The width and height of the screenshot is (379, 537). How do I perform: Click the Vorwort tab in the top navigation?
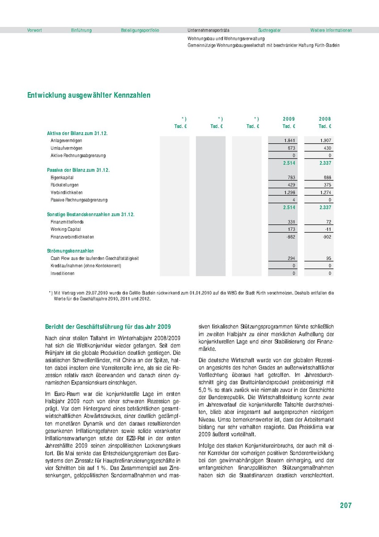click(x=34, y=30)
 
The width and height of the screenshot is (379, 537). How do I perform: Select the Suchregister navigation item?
click(x=270, y=30)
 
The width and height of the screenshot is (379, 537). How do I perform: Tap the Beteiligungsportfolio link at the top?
click(x=140, y=30)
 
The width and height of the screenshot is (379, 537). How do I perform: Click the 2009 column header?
click(x=289, y=119)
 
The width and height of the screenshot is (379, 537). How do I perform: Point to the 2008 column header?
click(x=325, y=119)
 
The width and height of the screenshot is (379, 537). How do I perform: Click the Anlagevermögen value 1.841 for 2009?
click(x=289, y=141)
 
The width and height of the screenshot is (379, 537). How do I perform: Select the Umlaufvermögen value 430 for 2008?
click(x=327, y=148)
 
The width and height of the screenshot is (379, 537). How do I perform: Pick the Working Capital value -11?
click(x=328, y=230)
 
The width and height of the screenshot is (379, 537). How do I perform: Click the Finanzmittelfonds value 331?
click(x=291, y=222)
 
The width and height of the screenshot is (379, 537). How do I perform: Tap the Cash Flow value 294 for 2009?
click(x=291, y=259)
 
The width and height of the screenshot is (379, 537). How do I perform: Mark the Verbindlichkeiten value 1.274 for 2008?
click(x=325, y=192)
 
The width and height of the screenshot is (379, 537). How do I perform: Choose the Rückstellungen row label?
click(x=64, y=185)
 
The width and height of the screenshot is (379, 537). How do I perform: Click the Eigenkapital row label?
click(x=62, y=178)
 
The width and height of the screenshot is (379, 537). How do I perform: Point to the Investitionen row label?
click(x=63, y=273)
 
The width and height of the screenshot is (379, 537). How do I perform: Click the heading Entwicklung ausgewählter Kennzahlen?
click(x=89, y=95)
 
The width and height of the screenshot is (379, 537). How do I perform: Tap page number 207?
click(x=345, y=505)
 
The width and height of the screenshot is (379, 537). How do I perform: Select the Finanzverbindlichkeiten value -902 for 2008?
click(x=327, y=237)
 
